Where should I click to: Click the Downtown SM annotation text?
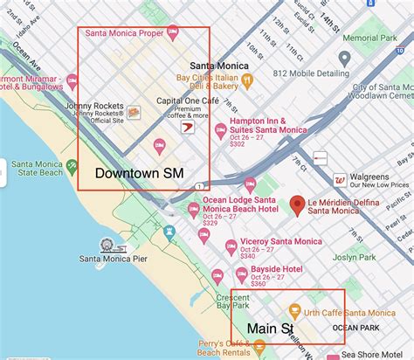point(139,174)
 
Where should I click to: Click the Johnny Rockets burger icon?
point(134,113)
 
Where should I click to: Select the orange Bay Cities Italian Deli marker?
point(247,80)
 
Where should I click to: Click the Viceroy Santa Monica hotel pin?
point(230,246)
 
